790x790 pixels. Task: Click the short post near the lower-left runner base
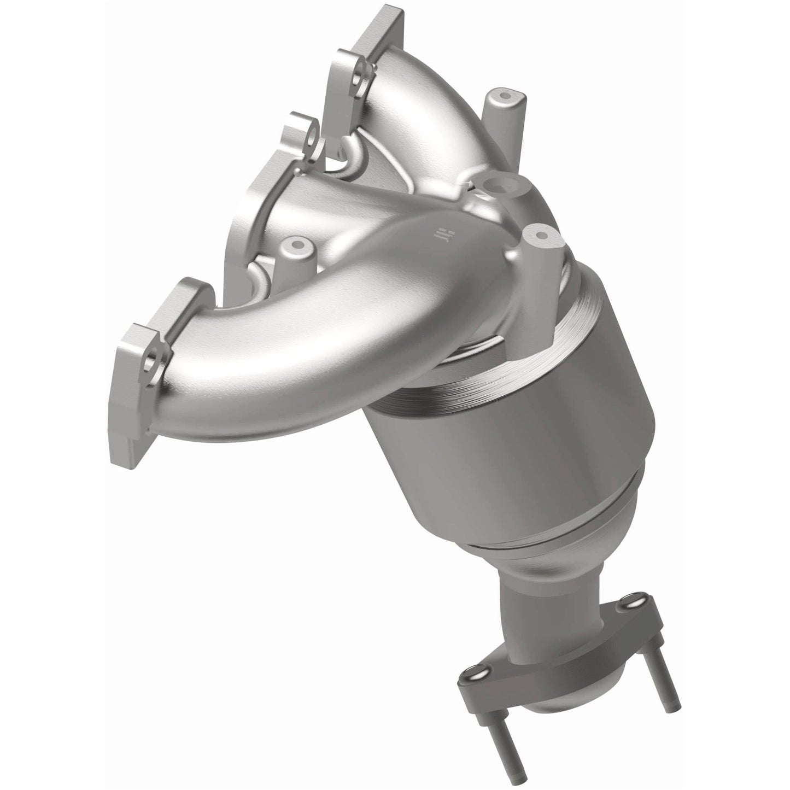[x=296, y=252]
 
